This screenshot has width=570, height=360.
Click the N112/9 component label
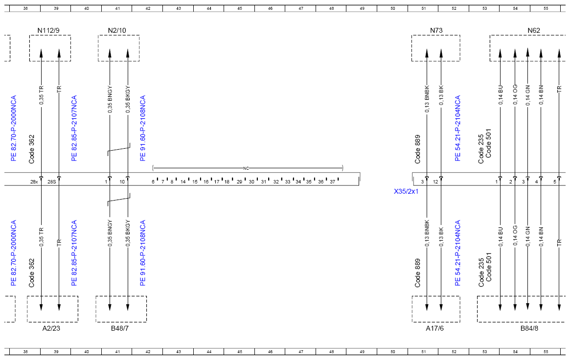[x=48, y=30]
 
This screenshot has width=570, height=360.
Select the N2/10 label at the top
[x=117, y=30]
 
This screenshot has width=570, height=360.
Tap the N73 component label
[x=436, y=30]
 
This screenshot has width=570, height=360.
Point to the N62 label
[x=534, y=30]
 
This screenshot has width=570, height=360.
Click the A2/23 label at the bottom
[x=51, y=328]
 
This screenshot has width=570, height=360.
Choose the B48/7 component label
[x=120, y=328]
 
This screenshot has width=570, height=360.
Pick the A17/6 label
[x=435, y=328]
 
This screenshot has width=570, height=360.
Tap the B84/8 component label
[x=529, y=328]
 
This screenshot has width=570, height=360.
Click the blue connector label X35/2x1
[x=406, y=191]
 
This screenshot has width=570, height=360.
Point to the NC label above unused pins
[x=246, y=168]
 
